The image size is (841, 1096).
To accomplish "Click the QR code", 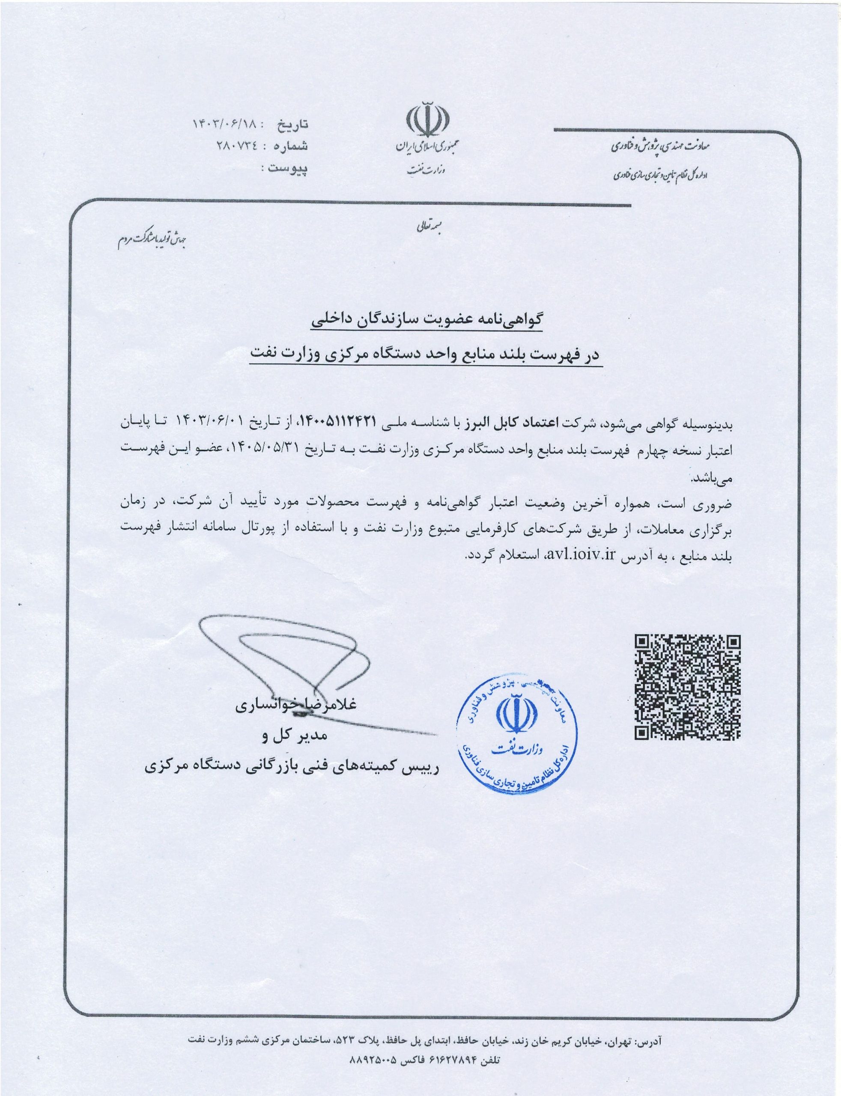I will (687, 687).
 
